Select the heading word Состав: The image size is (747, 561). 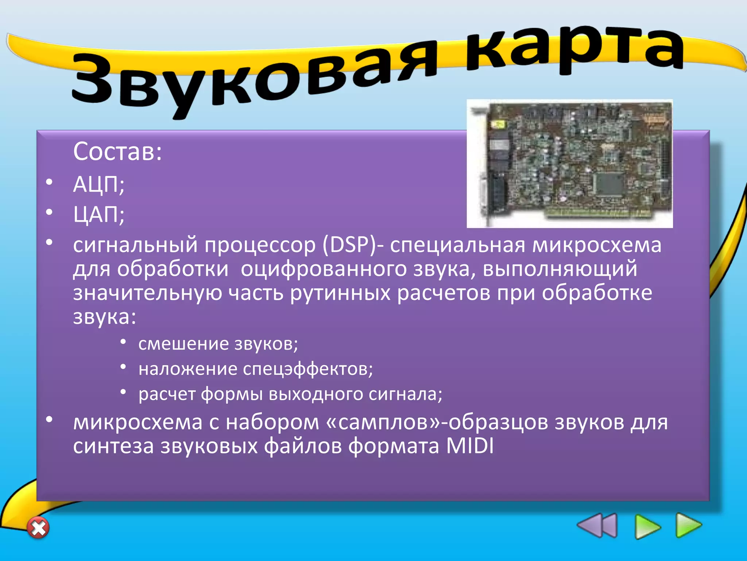tap(117, 151)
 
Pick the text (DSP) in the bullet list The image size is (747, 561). tap(349, 245)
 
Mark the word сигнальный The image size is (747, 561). tap(135, 245)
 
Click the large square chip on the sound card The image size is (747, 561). tap(608, 184)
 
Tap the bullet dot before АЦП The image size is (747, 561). tap(49, 182)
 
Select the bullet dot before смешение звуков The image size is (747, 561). tap(123, 341)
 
